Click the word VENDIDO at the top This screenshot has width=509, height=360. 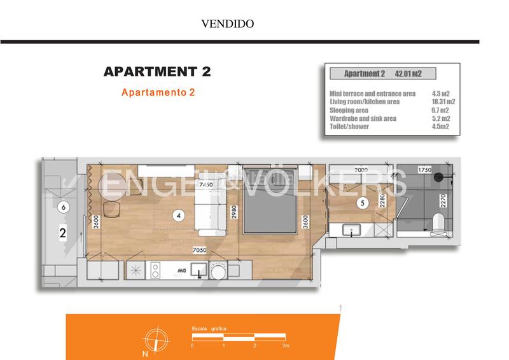(x=228, y=24)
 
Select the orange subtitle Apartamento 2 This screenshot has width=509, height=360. (x=158, y=92)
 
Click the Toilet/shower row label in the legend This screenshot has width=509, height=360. (x=349, y=127)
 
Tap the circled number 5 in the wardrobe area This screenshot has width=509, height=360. (x=363, y=204)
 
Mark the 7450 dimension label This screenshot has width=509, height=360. (x=206, y=184)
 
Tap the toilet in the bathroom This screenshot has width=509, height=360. (x=438, y=224)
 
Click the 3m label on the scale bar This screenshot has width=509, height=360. (x=286, y=346)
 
